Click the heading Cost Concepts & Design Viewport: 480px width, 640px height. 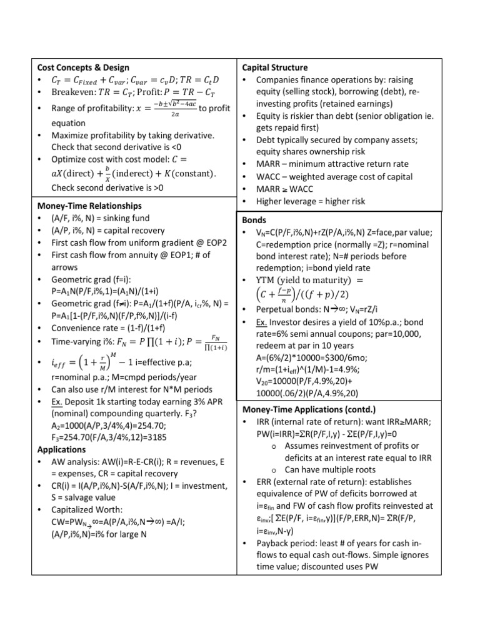[x=83, y=67]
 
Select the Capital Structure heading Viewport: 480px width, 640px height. [x=274, y=67]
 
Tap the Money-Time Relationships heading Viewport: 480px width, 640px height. [x=89, y=205]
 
